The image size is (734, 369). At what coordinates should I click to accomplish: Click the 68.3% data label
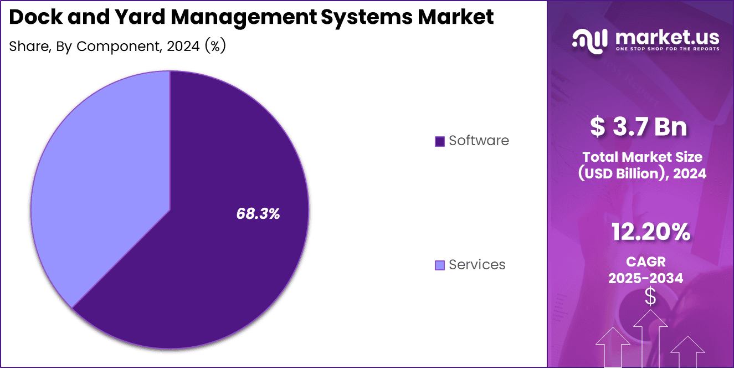[258, 214]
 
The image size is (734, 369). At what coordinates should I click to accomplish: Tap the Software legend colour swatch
[440, 141]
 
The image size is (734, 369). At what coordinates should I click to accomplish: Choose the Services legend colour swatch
[440, 265]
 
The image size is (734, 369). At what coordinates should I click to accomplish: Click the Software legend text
[479, 141]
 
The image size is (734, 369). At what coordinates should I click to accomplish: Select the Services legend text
[477, 265]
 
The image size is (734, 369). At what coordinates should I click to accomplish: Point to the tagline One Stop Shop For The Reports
[667, 49]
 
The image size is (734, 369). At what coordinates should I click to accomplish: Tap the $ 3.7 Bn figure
[638, 127]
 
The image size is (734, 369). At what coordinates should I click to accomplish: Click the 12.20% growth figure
[650, 232]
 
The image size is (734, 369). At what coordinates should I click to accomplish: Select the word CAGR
[645, 262]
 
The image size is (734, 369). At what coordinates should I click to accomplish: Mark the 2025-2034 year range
[645, 278]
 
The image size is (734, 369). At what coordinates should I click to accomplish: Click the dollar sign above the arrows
[650, 297]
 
